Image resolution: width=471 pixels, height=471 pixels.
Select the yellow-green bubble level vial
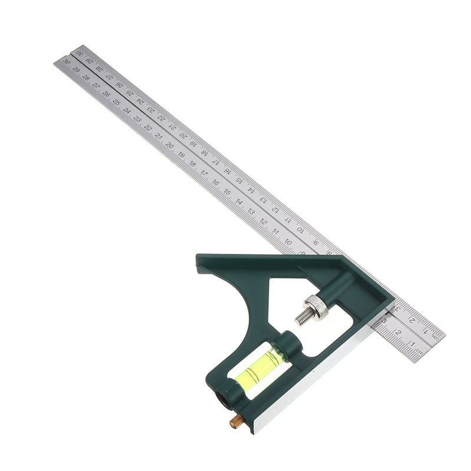click(259, 366)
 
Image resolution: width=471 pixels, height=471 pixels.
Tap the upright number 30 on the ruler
click(67, 61)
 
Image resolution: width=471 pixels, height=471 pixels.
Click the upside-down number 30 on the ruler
click(79, 54)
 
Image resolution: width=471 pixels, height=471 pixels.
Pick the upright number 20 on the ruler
click(170, 145)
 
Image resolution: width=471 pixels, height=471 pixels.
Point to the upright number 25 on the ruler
click(117, 101)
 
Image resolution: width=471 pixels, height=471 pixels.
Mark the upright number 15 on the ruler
click(227, 192)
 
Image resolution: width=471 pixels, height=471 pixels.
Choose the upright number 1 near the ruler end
click(413, 344)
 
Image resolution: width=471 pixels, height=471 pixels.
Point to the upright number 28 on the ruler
click(86, 77)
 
